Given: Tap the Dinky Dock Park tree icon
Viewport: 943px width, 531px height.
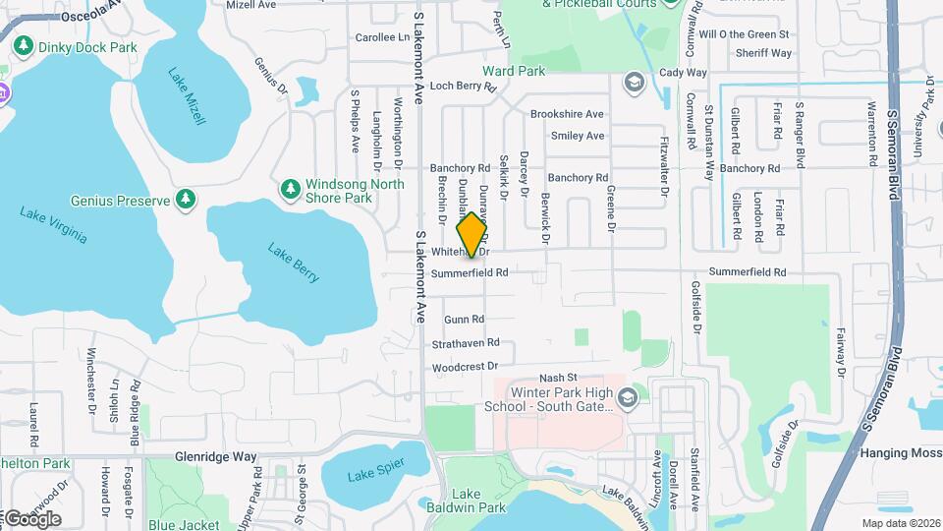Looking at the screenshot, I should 22,46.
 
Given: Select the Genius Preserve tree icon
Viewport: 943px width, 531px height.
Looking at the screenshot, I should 186,200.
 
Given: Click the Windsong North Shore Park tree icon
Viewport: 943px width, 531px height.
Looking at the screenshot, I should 290,188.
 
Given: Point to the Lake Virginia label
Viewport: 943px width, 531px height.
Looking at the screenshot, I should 53,225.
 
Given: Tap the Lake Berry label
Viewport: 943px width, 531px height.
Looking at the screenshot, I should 294,263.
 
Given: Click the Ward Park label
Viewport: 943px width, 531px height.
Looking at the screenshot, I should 513,71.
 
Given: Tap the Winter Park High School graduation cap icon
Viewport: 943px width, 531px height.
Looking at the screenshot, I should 629,398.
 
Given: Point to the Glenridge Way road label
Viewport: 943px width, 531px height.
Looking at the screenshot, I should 215,457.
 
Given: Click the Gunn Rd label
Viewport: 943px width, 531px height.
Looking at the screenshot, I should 464,320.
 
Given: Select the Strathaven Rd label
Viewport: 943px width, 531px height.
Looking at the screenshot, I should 466,343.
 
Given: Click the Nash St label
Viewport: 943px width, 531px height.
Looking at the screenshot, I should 557,378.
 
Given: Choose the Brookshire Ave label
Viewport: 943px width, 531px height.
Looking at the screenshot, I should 567,114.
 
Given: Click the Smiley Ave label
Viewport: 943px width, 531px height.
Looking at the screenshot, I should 578,136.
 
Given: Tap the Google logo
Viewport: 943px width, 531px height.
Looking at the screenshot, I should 31,518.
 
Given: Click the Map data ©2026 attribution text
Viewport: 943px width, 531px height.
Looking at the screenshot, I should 900,523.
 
